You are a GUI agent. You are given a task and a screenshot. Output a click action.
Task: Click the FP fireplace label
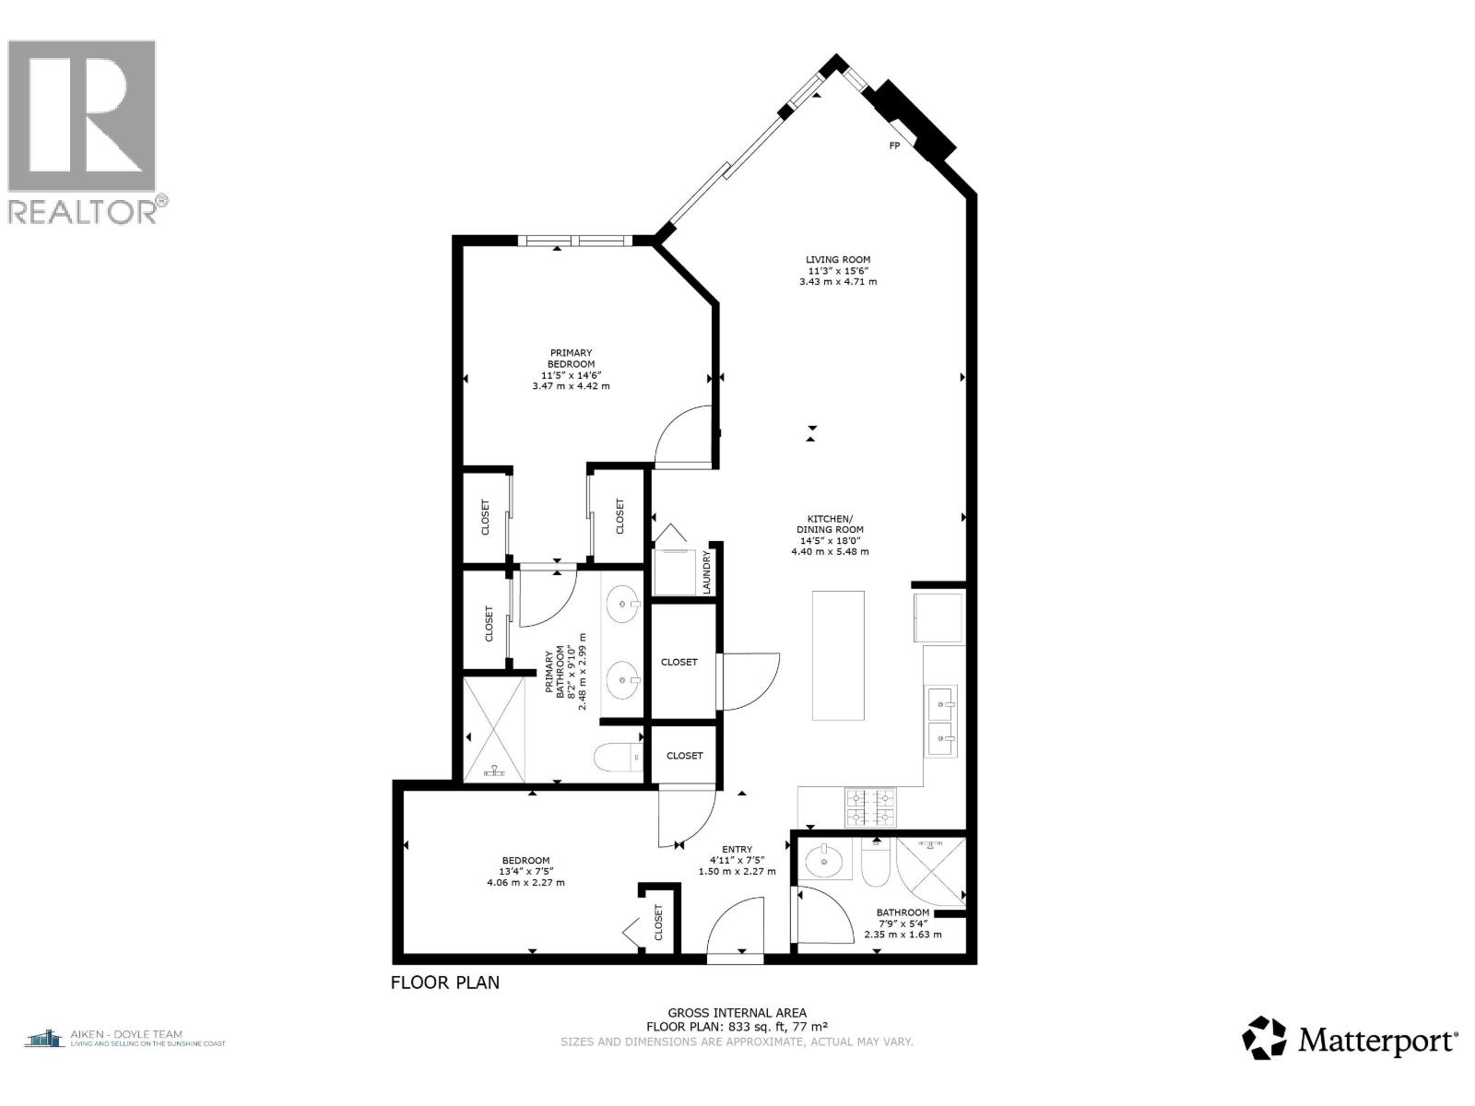[x=893, y=146]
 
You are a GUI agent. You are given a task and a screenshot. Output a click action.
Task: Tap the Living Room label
[x=837, y=270]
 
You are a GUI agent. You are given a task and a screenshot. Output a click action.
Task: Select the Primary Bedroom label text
[x=571, y=369]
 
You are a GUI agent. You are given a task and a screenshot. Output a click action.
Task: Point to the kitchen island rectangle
[x=838, y=654]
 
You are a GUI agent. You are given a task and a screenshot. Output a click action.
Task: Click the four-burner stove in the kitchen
[x=870, y=806]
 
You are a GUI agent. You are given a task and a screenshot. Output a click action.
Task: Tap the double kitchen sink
[x=940, y=721]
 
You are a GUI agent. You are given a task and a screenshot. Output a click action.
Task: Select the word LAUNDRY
[x=707, y=572]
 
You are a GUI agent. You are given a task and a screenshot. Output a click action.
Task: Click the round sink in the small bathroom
[x=822, y=863]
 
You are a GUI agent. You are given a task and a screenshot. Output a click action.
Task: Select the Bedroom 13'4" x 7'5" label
[x=525, y=871]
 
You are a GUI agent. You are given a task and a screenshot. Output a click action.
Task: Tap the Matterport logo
[x=1351, y=1040]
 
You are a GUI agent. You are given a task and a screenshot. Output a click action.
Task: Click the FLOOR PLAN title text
[x=445, y=982]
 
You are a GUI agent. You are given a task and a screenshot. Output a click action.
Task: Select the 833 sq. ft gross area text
[x=737, y=1026]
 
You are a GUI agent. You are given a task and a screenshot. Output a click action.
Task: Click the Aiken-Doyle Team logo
[x=124, y=1039]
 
